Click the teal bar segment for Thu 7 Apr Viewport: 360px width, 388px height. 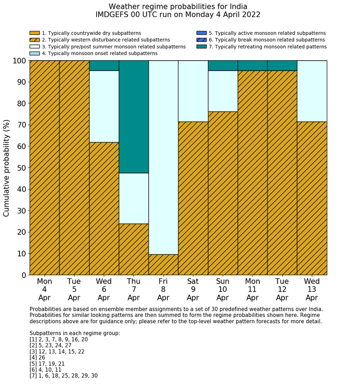(134, 116)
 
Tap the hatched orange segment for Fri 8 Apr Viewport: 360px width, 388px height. (164, 264)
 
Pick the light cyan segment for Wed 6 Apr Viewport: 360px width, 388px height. (104, 106)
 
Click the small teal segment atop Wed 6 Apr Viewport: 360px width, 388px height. (104, 65)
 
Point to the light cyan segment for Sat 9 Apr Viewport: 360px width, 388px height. (193, 91)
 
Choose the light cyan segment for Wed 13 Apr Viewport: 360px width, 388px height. (312, 91)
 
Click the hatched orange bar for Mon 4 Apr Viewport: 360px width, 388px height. (45, 167)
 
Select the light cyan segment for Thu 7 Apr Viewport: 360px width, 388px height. (134, 198)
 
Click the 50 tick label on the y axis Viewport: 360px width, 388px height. (21, 168)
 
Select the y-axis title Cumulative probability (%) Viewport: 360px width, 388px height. (7, 168)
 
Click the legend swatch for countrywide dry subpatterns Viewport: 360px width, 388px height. (34, 33)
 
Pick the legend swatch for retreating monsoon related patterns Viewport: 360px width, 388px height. (201, 47)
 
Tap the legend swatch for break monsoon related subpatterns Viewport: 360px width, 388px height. (201, 40)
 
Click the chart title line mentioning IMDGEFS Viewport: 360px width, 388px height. (178, 15)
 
